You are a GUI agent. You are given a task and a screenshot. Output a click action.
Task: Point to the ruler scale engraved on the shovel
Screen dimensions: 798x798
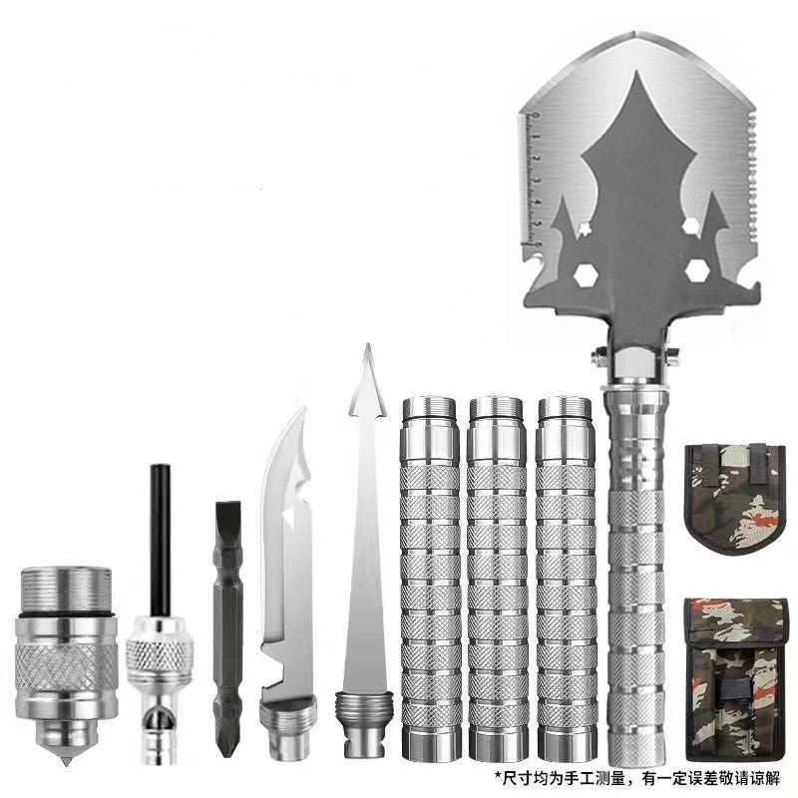[535, 180]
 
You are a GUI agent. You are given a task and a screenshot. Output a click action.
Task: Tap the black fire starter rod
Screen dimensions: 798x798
[156, 539]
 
